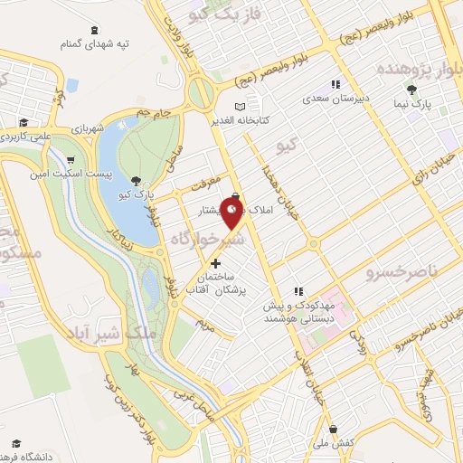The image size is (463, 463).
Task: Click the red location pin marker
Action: pyautogui.click(x=233, y=214)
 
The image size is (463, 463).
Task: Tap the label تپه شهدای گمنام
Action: pyautogui.click(x=95, y=43)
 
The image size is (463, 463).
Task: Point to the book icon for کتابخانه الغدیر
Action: pyautogui.click(x=240, y=105)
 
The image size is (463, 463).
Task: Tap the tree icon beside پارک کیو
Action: pyautogui.click(x=136, y=181)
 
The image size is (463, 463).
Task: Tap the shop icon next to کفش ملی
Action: pyautogui.click(x=334, y=428)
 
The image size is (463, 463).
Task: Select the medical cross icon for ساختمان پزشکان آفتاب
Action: pyautogui.click(x=214, y=263)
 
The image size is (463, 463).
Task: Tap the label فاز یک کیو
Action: pyautogui.click(x=221, y=14)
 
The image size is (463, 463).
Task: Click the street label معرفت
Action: pyautogui.click(x=206, y=184)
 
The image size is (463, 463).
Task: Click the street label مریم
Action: pyautogui.click(x=206, y=321)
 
